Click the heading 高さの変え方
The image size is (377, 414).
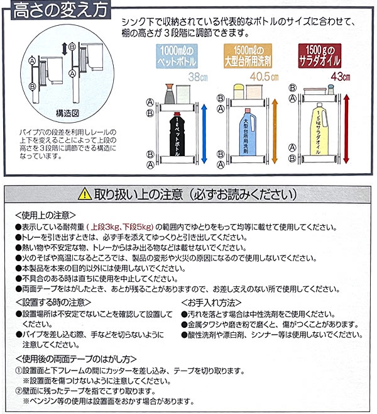pos(60,10)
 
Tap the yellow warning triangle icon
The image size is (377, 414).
pos(85,194)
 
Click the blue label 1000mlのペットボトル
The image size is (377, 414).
pos(177,56)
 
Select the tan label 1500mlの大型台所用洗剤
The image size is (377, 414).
pos(248,56)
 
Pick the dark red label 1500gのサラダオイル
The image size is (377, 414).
pos(320,56)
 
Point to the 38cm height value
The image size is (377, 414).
pos(198,77)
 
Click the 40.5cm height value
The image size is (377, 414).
pos(264,77)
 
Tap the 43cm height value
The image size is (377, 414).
pos(341,77)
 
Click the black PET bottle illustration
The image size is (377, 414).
pos(177,133)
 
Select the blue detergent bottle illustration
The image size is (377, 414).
pos(248,131)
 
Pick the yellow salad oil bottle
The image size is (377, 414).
pos(320,129)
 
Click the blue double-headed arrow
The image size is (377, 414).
pos(204,133)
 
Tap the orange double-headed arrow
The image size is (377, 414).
pos(275,131)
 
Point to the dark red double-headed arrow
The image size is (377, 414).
pos(346,129)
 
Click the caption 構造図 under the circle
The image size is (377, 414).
pos(67,113)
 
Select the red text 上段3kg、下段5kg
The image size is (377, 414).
pos(122,227)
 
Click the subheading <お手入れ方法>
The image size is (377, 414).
pos(212,303)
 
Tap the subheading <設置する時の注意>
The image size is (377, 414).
pos(53,302)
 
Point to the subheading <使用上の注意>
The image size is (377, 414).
pos(46,215)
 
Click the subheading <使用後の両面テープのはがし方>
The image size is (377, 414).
pos(76,359)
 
